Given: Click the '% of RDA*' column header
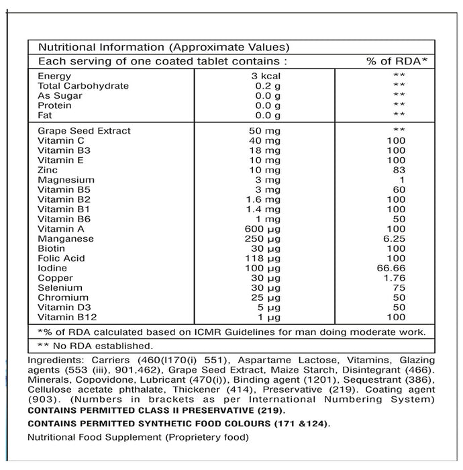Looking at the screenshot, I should point(397,61).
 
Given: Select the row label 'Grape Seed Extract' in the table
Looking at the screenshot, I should point(84,131).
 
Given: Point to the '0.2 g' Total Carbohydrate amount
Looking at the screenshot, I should point(268,86).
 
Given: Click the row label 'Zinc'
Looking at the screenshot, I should point(48,171).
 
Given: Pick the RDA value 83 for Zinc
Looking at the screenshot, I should point(400,171).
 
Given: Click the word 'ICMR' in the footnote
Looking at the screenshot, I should point(219,332).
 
